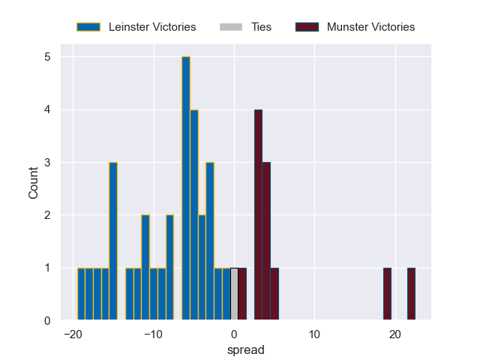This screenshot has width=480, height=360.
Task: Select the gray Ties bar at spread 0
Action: (x=234, y=294)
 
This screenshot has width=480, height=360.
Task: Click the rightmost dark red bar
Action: (x=411, y=294)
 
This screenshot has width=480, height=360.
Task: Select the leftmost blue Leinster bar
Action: (x=81, y=294)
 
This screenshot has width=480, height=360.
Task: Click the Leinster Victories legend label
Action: (x=152, y=27)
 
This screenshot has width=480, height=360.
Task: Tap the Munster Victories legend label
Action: (x=370, y=27)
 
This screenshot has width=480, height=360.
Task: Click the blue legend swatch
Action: (x=88, y=27)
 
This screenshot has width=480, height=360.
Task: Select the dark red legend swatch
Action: (x=307, y=27)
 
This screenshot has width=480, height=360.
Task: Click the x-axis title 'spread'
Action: (x=250, y=349)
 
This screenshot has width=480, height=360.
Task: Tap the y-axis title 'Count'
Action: (x=34, y=183)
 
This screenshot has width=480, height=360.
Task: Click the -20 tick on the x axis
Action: (x=73, y=334)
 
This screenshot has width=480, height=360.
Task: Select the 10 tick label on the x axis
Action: (x=314, y=334)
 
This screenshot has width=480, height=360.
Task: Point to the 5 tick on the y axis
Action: (x=47, y=57)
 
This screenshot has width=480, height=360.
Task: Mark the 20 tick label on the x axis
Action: (x=395, y=334)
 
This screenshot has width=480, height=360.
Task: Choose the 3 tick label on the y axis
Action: (x=47, y=163)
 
